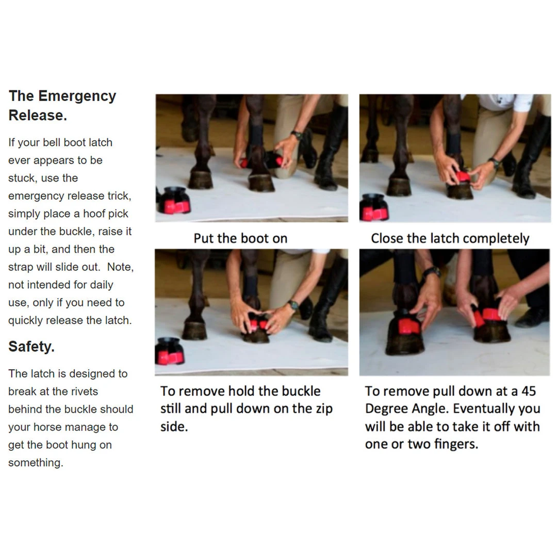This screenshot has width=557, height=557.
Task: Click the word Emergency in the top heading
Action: click(77, 96)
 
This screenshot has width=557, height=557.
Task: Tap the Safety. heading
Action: click(31, 347)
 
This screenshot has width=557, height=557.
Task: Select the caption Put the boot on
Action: click(240, 238)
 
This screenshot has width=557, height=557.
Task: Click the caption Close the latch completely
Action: click(450, 238)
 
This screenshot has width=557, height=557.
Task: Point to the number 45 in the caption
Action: click(529, 391)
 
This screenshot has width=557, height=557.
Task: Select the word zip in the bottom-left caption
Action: click(324, 409)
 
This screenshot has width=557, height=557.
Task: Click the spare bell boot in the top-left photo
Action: click(174, 200)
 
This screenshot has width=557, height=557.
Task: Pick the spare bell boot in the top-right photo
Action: click(374, 207)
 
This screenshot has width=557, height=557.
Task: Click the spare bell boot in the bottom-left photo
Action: click(170, 352)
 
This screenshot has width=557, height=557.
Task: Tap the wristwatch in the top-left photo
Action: click(296, 135)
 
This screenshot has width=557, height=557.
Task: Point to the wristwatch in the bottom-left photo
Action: click(293, 305)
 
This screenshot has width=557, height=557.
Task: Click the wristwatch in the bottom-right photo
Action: click(432, 272)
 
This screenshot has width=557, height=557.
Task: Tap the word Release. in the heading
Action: click(38, 116)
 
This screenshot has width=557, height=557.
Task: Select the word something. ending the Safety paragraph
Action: click(36, 463)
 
